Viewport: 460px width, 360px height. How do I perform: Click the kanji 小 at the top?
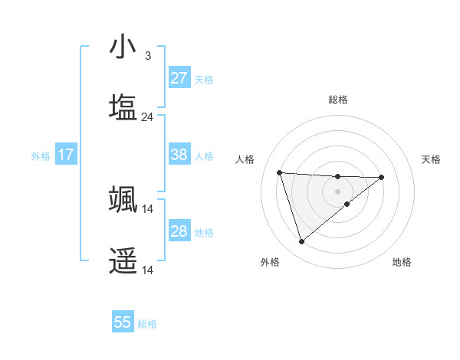click(x=123, y=48)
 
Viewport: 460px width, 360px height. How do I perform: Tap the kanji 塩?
click(x=123, y=108)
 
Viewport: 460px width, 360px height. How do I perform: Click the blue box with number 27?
click(x=179, y=77)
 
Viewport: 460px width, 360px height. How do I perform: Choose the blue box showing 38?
click(x=179, y=154)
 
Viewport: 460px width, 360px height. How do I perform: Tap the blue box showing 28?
click(x=179, y=231)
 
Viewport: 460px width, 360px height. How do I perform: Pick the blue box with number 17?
click(x=65, y=155)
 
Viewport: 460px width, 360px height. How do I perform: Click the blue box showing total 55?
click(x=123, y=322)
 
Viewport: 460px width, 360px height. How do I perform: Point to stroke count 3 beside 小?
click(x=147, y=56)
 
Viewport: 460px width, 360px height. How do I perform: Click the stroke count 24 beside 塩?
click(x=147, y=117)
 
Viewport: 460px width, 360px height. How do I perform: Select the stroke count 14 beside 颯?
click(x=147, y=208)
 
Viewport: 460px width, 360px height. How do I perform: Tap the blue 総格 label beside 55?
click(x=147, y=324)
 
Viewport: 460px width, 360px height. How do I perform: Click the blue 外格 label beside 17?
click(x=41, y=155)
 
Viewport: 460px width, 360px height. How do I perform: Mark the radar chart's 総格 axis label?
click(x=338, y=100)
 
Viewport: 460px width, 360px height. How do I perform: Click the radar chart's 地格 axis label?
click(x=402, y=262)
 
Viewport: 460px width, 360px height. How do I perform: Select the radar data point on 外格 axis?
click(x=301, y=242)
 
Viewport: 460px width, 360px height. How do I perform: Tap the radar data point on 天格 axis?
click(x=382, y=177)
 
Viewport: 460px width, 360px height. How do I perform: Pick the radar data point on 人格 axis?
click(x=280, y=172)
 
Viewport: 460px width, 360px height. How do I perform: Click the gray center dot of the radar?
click(x=337, y=191)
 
